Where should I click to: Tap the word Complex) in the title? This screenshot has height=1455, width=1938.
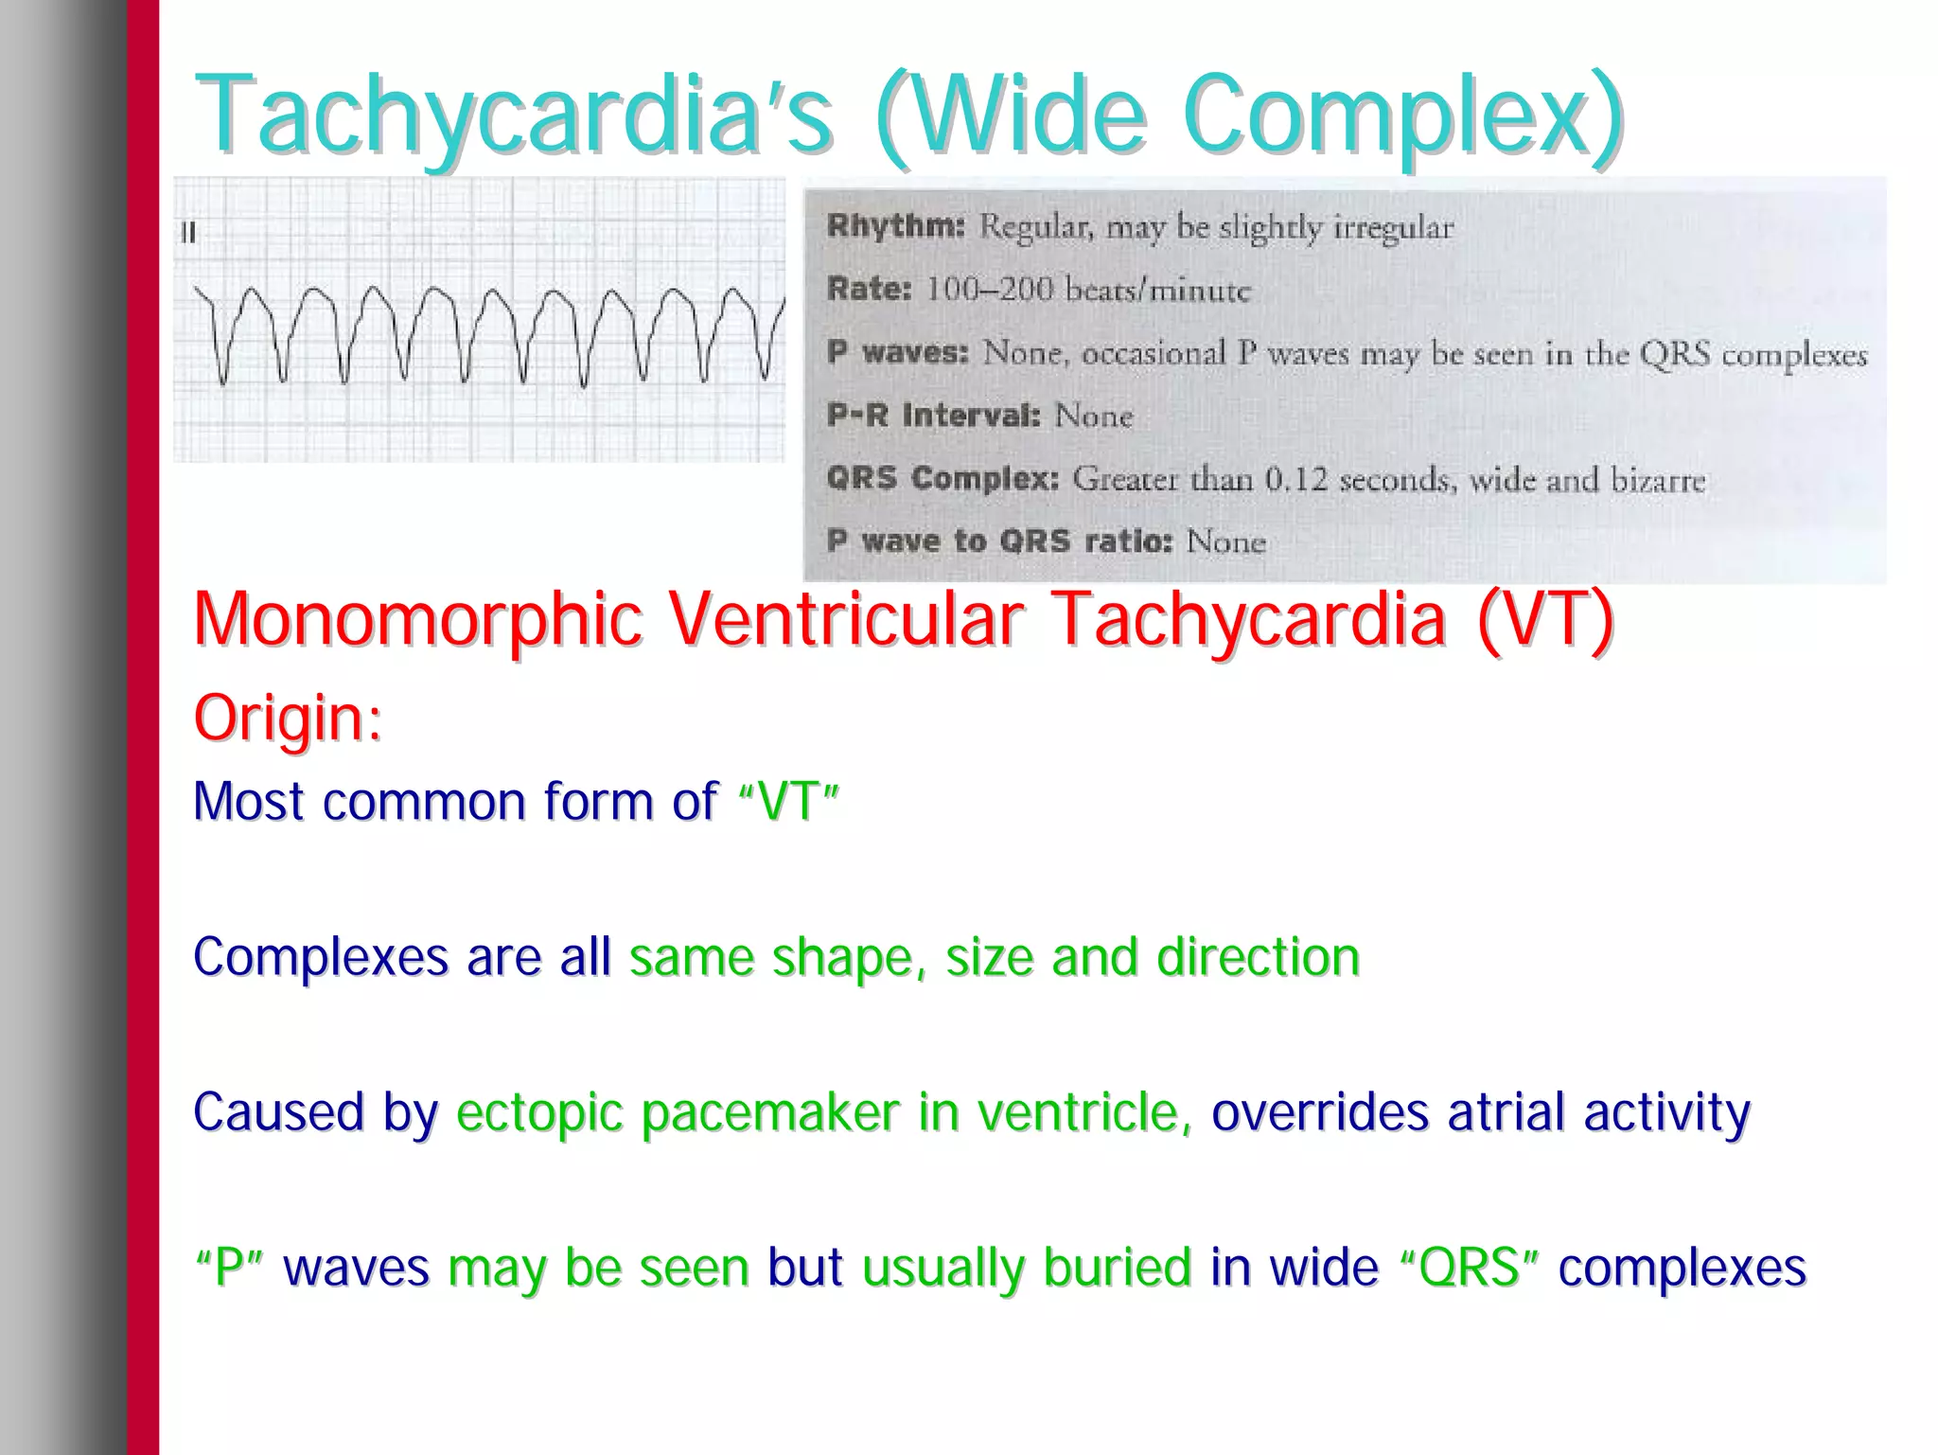[x=1401, y=115]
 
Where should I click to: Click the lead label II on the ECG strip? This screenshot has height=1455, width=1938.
[x=188, y=233]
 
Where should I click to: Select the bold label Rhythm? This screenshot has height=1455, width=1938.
[x=894, y=226]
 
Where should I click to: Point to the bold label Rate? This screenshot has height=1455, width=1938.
[x=868, y=289]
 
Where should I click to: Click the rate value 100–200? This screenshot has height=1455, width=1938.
[x=989, y=289]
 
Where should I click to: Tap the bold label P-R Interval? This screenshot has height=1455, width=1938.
[x=932, y=416]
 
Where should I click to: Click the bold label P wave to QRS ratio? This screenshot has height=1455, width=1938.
[x=999, y=541]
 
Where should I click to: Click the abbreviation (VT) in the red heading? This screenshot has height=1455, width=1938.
[x=1544, y=620]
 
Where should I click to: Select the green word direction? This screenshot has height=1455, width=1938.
[x=1258, y=957]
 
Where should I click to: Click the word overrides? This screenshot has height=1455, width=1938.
[x=1319, y=1112]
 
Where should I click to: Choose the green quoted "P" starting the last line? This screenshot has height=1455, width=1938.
[x=229, y=1268]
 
